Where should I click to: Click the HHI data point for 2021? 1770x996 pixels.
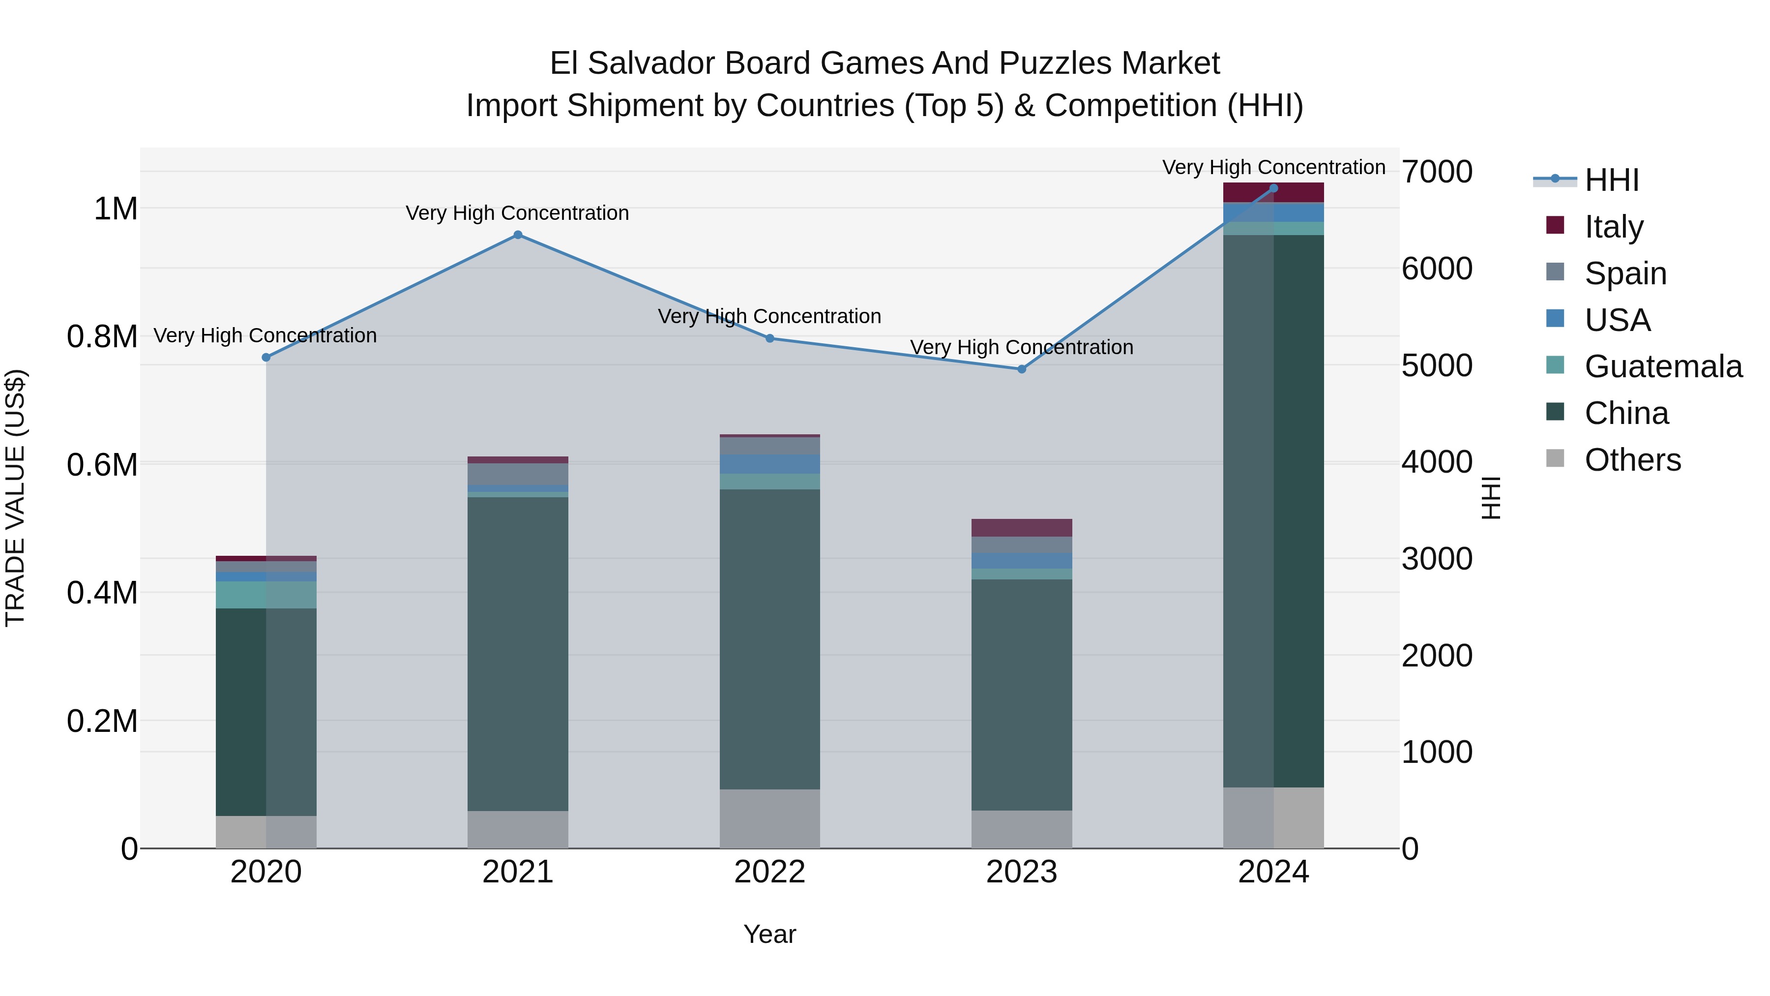[x=518, y=235]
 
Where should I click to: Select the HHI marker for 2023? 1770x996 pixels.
[x=1022, y=369]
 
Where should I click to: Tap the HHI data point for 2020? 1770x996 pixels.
[x=266, y=358]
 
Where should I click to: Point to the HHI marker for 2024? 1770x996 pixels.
[x=1274, y=188]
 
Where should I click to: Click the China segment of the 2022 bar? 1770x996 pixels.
[x=769, y=639]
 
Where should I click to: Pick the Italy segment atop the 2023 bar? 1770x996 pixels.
[x=1022, y=528]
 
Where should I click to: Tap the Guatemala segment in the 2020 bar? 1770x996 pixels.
[x=266, y=595]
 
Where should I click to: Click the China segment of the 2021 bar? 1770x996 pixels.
[x=518, y=653]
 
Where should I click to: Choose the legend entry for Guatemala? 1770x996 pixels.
[x=1663, y=366]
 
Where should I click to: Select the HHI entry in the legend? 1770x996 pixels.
[x=1611, y=180]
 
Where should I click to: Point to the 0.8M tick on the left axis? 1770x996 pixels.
[x=102, y=337]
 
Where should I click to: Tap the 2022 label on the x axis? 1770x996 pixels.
[x=769, y=872]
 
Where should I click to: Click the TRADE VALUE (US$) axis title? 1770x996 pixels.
[x=15, y=498]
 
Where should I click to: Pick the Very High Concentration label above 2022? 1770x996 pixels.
[x=769, y=316]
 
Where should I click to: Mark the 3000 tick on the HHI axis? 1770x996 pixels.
[x=1437, y=559]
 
